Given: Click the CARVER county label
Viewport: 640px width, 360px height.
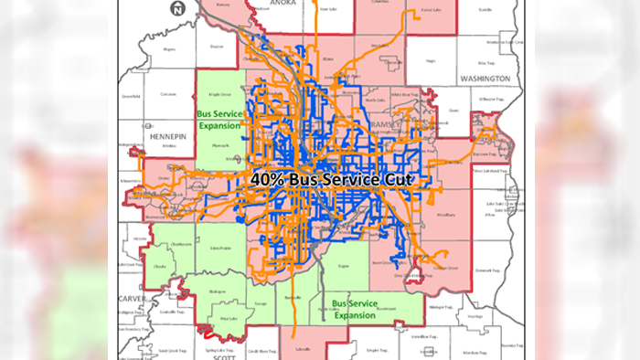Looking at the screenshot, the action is click(131, 298).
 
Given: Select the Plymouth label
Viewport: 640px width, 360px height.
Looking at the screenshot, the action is click(220, 143).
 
